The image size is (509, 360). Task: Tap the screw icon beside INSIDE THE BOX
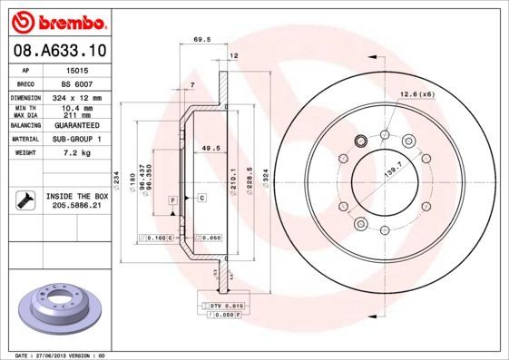(24, 200)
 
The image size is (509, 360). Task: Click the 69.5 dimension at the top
(202, 40)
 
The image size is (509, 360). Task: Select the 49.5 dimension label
(210, 148)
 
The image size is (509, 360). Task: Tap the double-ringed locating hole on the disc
(360, 141)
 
